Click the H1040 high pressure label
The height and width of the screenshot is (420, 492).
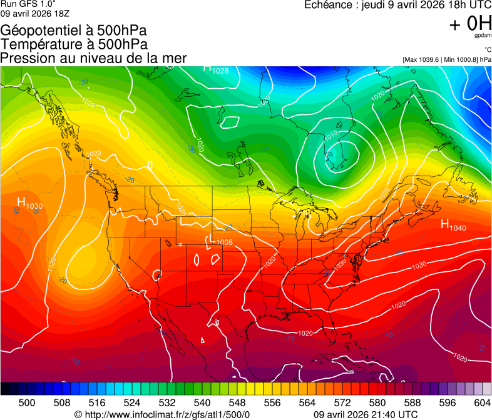coord(453,226)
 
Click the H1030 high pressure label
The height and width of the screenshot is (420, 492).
coord(29,203)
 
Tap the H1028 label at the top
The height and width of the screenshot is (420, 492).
coord(216,69)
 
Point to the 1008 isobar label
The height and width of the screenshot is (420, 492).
coord(224,242)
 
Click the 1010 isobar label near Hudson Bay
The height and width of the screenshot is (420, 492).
coord(331,133)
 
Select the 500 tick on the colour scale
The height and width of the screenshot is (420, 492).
coord(27,402)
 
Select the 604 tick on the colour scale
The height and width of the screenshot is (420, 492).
coord(482,402)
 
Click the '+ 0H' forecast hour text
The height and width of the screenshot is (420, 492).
coord(470,24)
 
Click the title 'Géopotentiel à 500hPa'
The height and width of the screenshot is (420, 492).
coord(74,31)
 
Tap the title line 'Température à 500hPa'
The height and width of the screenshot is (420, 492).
coord(74,44)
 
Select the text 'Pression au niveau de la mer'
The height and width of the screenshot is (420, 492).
coord(94,58)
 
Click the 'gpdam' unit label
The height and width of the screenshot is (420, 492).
coord(483,36)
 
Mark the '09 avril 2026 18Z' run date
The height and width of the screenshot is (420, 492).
coord(35,13)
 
